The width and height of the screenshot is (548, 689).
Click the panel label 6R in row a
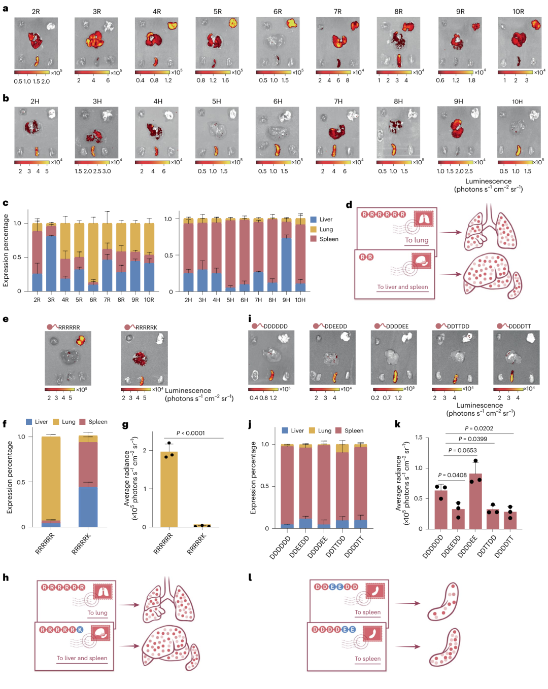coord(278,11)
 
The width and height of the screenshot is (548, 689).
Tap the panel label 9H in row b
coord(458,101)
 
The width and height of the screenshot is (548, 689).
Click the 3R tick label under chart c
coord(51,300)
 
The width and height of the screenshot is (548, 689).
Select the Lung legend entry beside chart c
coord(325,229)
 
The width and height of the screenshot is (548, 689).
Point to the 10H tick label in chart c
coord(300,300)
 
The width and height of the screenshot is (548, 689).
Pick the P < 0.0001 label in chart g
coord(191,433)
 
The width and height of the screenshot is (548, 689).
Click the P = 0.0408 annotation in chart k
coord(452,475)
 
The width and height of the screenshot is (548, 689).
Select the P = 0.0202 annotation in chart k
coord(479,428)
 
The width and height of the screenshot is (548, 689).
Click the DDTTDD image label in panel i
coord(458,327)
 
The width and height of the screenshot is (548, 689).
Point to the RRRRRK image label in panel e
coord(146,328)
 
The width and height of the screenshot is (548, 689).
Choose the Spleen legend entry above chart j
coord(354,430)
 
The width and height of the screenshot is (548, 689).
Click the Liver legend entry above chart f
coord(41,422)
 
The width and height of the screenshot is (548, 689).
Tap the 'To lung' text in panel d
coord(417,240)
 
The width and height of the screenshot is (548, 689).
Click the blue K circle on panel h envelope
coord(80,630)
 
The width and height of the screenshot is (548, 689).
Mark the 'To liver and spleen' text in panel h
coord(82,658)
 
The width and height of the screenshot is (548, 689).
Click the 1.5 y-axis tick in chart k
coord(419,438)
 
